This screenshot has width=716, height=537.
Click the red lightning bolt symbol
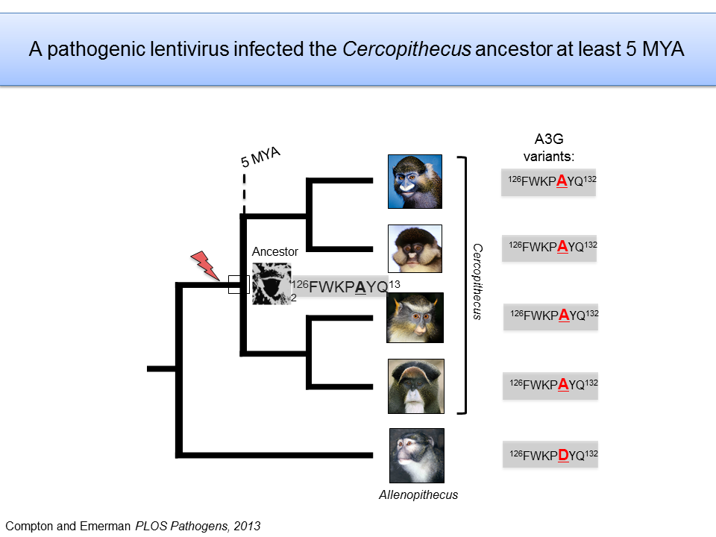[205, 266]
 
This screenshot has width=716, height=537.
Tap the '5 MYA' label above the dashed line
[260, 157]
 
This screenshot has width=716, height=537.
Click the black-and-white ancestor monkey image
[271, 283]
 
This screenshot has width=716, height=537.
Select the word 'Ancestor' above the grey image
[275, 251]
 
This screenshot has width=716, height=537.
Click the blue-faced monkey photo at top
[415, 182]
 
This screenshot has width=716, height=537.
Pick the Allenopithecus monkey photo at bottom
[417, 456]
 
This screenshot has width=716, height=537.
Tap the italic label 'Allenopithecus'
[418, 495]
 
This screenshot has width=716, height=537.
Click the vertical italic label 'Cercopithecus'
[477, 281]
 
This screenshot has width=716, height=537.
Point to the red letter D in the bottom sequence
[564, 455]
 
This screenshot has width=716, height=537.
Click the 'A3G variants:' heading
[549, 148]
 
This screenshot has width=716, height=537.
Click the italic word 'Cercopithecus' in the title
[407, 49]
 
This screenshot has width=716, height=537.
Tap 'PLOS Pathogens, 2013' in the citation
[198, 526]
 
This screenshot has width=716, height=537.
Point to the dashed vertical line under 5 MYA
[245, 194]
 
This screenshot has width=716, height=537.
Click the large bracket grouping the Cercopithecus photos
[465, 286]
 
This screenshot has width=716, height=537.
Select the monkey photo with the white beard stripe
[416, 386]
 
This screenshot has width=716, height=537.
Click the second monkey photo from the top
[415, 248]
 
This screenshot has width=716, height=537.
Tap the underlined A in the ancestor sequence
[360, 287]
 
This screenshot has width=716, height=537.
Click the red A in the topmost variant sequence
[562, 181]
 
